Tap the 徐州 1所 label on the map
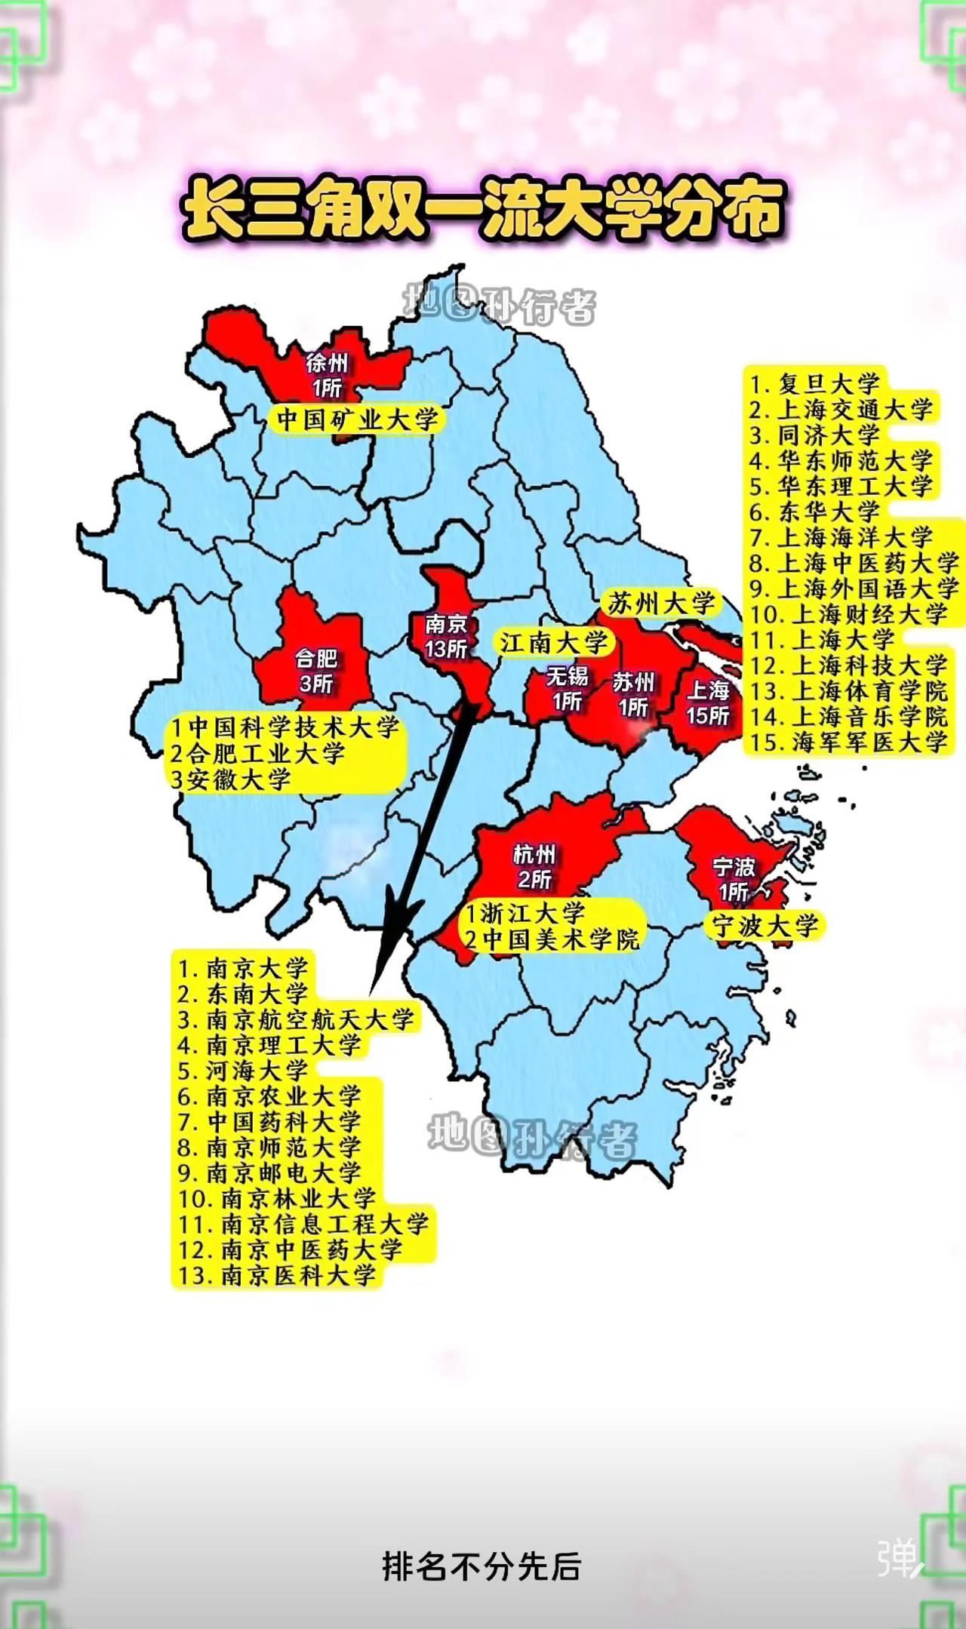pos(327,375)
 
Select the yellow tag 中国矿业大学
pos(357,420)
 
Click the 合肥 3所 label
pos(315,670)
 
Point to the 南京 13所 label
pos(445,636)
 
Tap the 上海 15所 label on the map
pos(708,702)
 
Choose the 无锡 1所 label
pos(567,688)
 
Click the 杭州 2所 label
pos(534,866)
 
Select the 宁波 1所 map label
pos(734,879)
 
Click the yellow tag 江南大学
pos(553,643)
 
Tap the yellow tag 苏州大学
pos(661,603)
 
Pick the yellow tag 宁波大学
pos(764,926)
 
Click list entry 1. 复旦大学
pos(815,383)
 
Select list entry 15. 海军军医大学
pos(848,742)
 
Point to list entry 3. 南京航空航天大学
pos(296,1019)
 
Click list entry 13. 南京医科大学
pos(277,1275)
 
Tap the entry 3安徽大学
pos(230,779)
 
